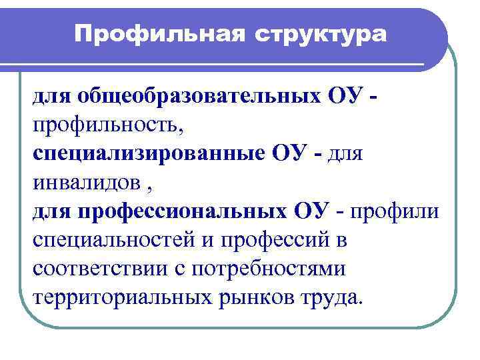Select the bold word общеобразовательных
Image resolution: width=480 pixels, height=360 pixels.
(x=201, y=98)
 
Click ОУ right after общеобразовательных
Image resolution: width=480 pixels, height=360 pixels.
(x=345, y=98)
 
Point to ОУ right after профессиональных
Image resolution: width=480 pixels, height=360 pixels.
(x=311, y=211)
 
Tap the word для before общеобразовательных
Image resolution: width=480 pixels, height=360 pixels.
(x=53, y=98)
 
